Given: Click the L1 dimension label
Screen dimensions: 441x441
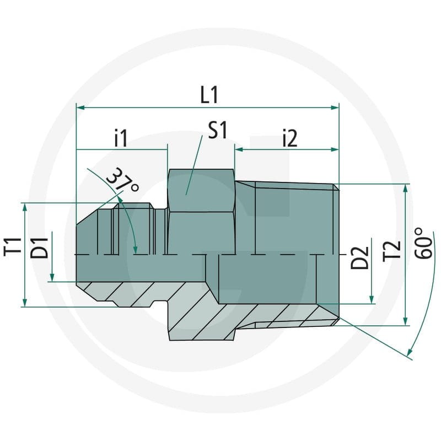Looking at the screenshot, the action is pos(209,95).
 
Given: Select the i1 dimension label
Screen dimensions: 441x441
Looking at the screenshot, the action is pos(121,138).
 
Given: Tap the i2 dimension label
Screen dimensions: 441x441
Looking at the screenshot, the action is pos(290,138).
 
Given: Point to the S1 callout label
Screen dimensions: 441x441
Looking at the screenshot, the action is pos(217,130).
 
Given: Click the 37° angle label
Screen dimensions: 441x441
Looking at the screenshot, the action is pos(122,180).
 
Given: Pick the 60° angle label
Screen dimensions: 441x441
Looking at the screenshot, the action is pos(423,243).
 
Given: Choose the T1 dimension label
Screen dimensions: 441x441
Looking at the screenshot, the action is pos(13,247).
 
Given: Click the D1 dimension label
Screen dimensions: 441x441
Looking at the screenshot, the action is pos(39,248).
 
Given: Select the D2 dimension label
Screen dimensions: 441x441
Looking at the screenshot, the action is pos(359,257).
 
